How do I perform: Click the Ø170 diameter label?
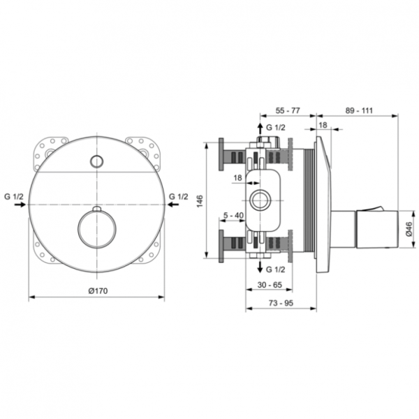[x=97, y=290]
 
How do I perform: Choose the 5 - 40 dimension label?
[x=233, y=216]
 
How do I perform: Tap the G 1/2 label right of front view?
[x=179, y=197]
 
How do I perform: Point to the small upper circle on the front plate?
[x=96, y=162]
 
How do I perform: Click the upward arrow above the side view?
[x=262, y=128]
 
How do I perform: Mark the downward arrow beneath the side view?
[x=262, y=269]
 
